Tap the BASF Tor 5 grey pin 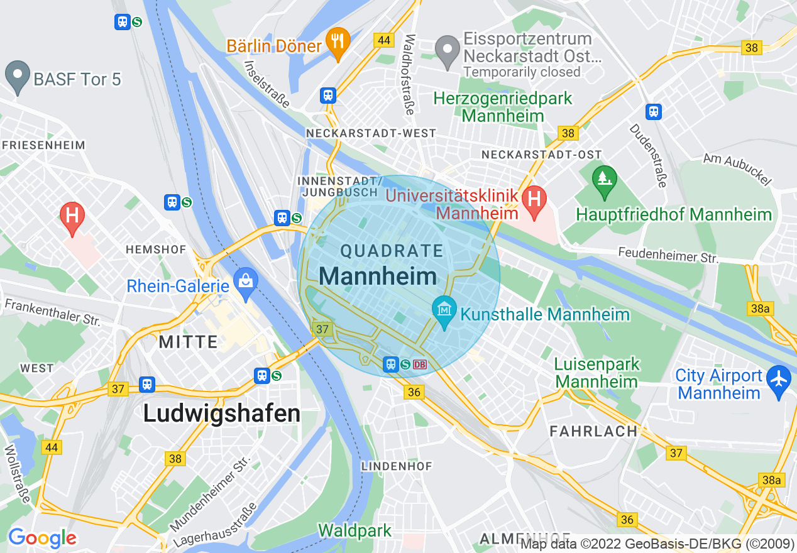coord(17,75)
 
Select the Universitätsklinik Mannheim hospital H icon coord(534,200)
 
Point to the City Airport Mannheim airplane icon coord(779,379)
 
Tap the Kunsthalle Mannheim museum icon coord(444,310)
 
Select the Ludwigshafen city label coord(221,413)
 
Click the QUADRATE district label coord(392,251)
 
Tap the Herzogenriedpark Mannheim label coord(503,107)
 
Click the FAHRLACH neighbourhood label coord(593,431)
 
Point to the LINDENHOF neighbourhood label coord(397,466)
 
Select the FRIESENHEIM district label coord(43,145)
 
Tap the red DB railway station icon coord(420,364)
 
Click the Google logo coord(42,538)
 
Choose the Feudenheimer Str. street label coord(668,255)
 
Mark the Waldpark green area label coord(355,530)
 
